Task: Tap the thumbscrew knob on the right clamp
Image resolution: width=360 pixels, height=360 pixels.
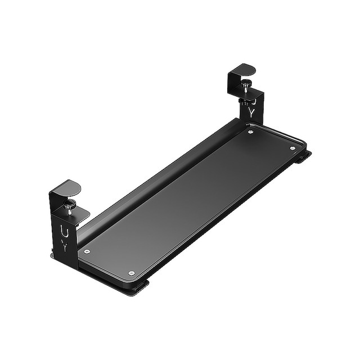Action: click(246, 84)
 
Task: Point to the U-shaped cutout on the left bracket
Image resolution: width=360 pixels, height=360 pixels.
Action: click(64, 231)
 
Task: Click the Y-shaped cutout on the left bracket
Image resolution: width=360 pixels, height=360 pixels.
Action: click(65, 246)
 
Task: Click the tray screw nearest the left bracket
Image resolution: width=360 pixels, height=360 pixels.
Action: click(86, 251)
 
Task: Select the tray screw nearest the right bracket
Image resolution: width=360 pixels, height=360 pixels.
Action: click(250, 132)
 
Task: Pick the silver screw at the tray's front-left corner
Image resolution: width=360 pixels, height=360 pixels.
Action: click(131, 273)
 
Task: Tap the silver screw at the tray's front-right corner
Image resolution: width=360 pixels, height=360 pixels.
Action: click(292, 148)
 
